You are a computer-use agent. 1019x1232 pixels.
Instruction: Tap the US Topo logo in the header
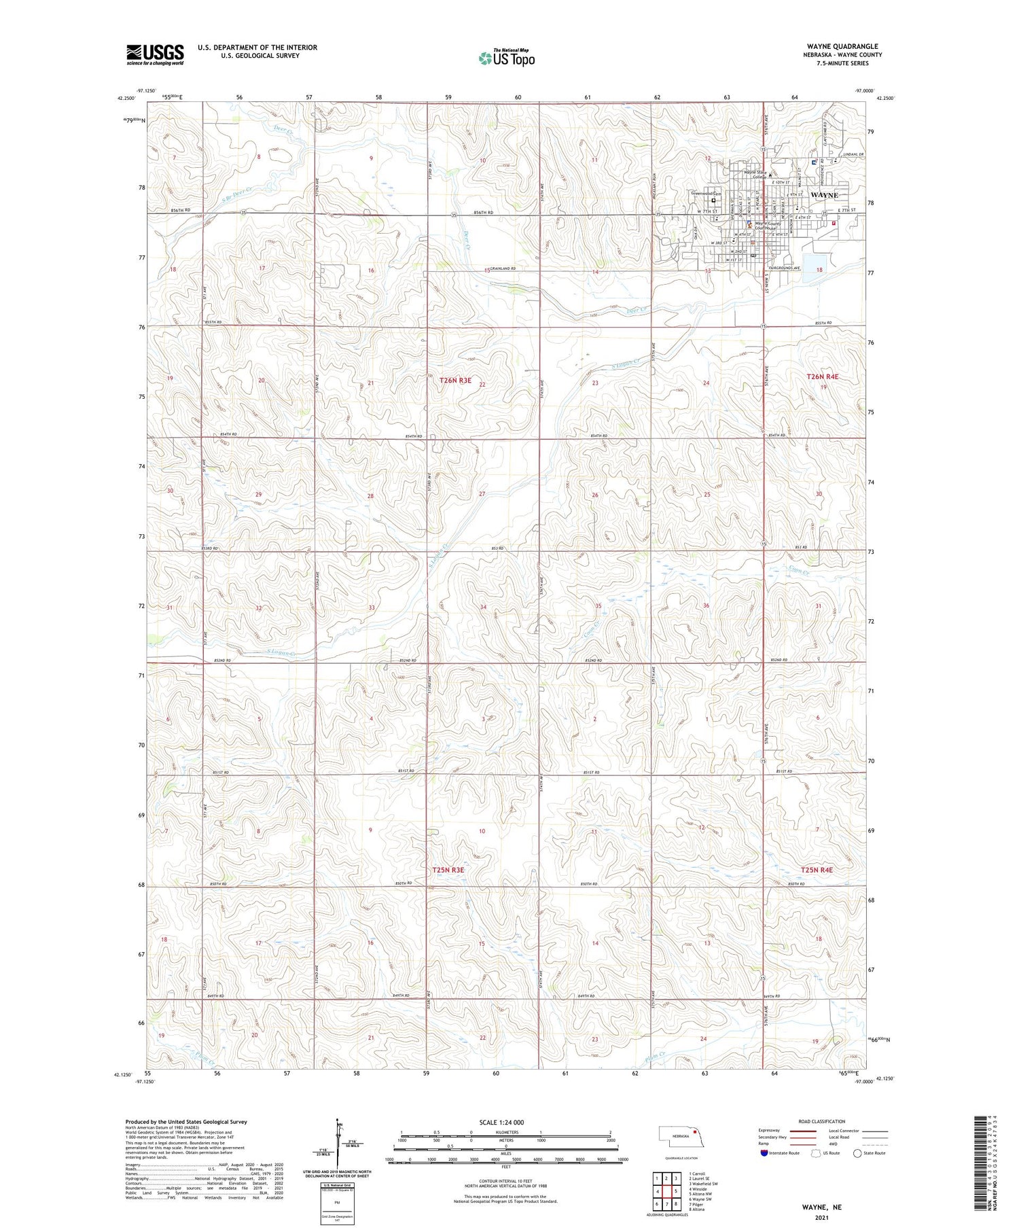click(506, 58)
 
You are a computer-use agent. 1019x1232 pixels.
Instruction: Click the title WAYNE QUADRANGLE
click(843, 46)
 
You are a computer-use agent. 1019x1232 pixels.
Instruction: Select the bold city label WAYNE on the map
click(824, 195)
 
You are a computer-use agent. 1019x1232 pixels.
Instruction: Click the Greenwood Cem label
click(706, 193)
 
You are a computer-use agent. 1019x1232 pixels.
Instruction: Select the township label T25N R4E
click(816, 870)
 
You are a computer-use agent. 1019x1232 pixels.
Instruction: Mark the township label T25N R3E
click(448, 870)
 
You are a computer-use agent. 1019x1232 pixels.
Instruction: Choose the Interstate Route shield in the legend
click(764, 1153)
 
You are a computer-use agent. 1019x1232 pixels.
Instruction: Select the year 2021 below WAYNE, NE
click(822, 1217)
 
